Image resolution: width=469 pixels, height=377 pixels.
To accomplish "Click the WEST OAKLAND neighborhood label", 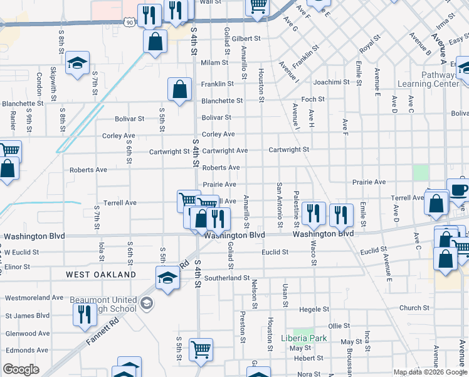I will pyautogui.click(x=101, y=275).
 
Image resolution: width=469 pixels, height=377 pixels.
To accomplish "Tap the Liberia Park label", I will pyautogui.click(x=304, y=338).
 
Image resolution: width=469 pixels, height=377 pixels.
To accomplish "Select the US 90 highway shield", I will pyautogui.click(x=129, y=22).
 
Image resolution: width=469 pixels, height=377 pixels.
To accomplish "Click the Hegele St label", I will pyautogui.click(x=314, y=309).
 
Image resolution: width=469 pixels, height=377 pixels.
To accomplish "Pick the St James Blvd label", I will pyautogui.click(x=27, y=315).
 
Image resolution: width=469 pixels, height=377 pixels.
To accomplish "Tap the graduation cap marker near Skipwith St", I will pyautogui.click(x=78, y=62).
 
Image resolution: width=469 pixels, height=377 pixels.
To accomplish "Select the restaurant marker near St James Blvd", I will pyautogui.click(x=85, y=313).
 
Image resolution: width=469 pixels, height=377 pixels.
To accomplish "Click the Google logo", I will pyautogui.click(x=21, y=369).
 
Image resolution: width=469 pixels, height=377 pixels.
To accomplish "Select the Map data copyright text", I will pyautogui.click(x=429, y=372).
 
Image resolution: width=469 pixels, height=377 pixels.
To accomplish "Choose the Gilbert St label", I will pyautogui.click(x=246, y=39).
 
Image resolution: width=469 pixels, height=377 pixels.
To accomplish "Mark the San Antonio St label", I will pyautogui.click(x=280, y=205).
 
